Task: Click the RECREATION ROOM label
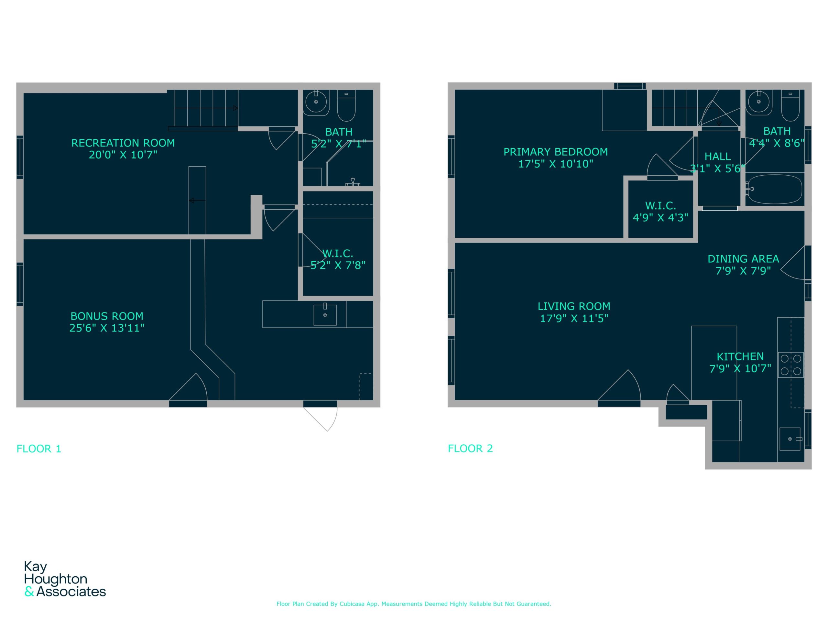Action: (x=123, y=143)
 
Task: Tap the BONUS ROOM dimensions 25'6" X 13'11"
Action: (x=107, y=328)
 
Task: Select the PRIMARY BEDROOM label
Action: (x=555, y=152)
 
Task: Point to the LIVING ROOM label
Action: (x=574, y=307)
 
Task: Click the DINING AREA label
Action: (x=743, y=259)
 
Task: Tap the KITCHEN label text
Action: (x=740, y=357)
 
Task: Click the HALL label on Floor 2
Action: (x=718, y=157)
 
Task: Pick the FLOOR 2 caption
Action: (x=471, y=448)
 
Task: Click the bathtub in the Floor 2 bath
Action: (x=774, y=190)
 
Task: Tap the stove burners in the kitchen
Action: (x=790, y=365)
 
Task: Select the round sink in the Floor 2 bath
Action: (x=758, y=102)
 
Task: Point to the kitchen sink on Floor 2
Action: (x=790, y=439)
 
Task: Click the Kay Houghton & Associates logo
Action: (x=65, y=579)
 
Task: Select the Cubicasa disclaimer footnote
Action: (x=414, y=604)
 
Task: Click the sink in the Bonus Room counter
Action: (x=325, y=315)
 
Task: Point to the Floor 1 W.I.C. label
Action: (x=338, y=254)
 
